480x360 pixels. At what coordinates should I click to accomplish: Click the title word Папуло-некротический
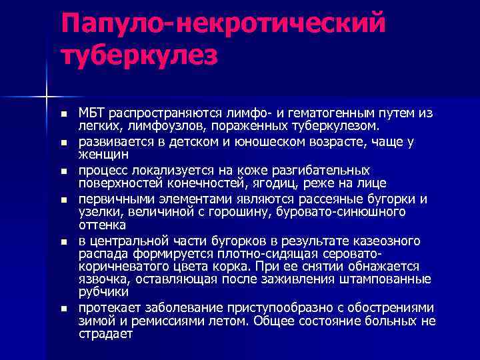click(223, 25)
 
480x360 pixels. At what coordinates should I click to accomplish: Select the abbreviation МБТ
click(93, 113)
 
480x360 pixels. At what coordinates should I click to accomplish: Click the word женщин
click(101, 153)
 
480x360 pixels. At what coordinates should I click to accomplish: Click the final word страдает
click(105, 334)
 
